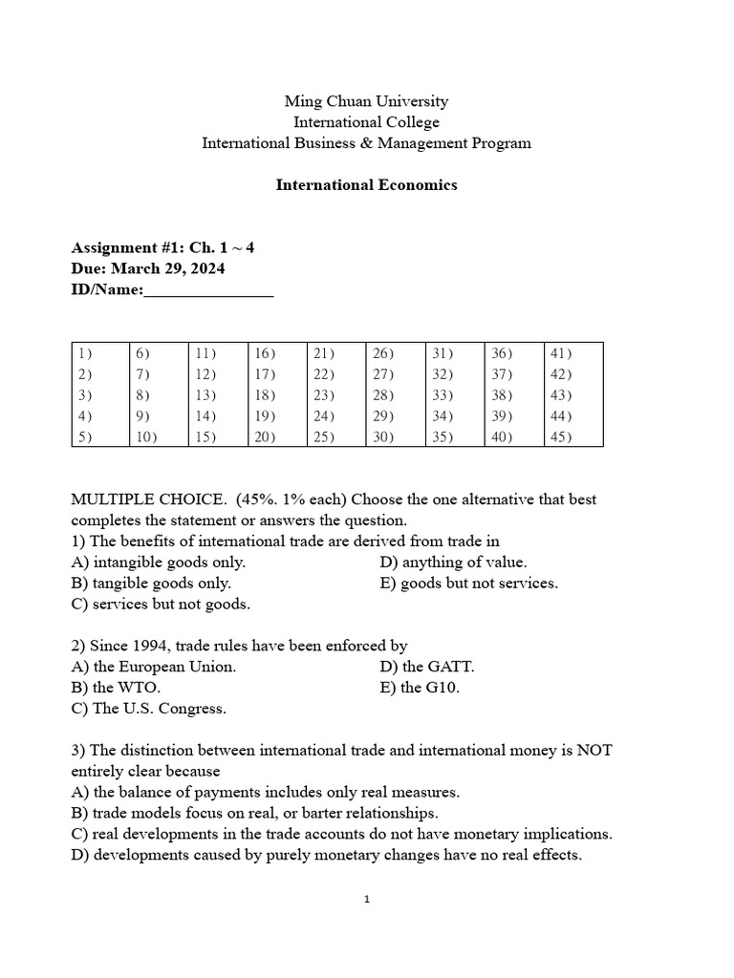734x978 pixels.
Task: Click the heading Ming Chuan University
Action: [x=366, y=101]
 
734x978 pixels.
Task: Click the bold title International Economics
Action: [x=366, y=185]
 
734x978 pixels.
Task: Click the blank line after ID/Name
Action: [x=208, y=290]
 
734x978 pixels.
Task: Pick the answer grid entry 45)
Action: [x=561, y=437]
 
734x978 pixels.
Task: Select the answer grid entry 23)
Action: [x=324, y=395]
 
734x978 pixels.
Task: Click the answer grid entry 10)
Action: [x=147, y=437]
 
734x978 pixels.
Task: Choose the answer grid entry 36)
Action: [x=502, y=353]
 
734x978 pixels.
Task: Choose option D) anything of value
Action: [x=452, y=563]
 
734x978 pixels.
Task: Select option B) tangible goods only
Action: [x=151, y=584]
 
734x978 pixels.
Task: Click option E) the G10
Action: [x=420, y=688]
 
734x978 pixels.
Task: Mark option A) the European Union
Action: [x=153, y=667]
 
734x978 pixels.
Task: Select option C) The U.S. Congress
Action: [x=148, y=709]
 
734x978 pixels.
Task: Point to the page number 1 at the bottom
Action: [x=367, y=900]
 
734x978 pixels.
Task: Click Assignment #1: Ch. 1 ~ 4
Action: [x=162, y=247]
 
